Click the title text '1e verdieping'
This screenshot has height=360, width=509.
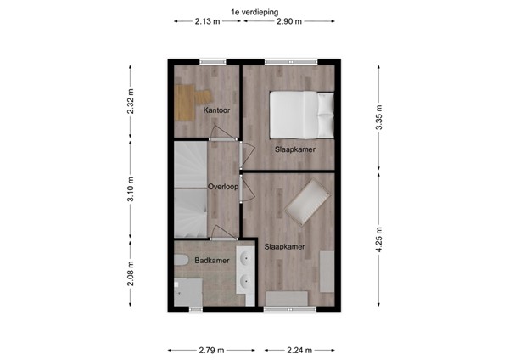point(254,11)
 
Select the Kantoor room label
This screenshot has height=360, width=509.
point(215,110)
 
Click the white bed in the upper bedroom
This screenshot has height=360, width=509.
point(301,113)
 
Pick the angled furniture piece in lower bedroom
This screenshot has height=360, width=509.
point(307,201)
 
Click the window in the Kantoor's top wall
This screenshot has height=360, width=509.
point(212,60)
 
